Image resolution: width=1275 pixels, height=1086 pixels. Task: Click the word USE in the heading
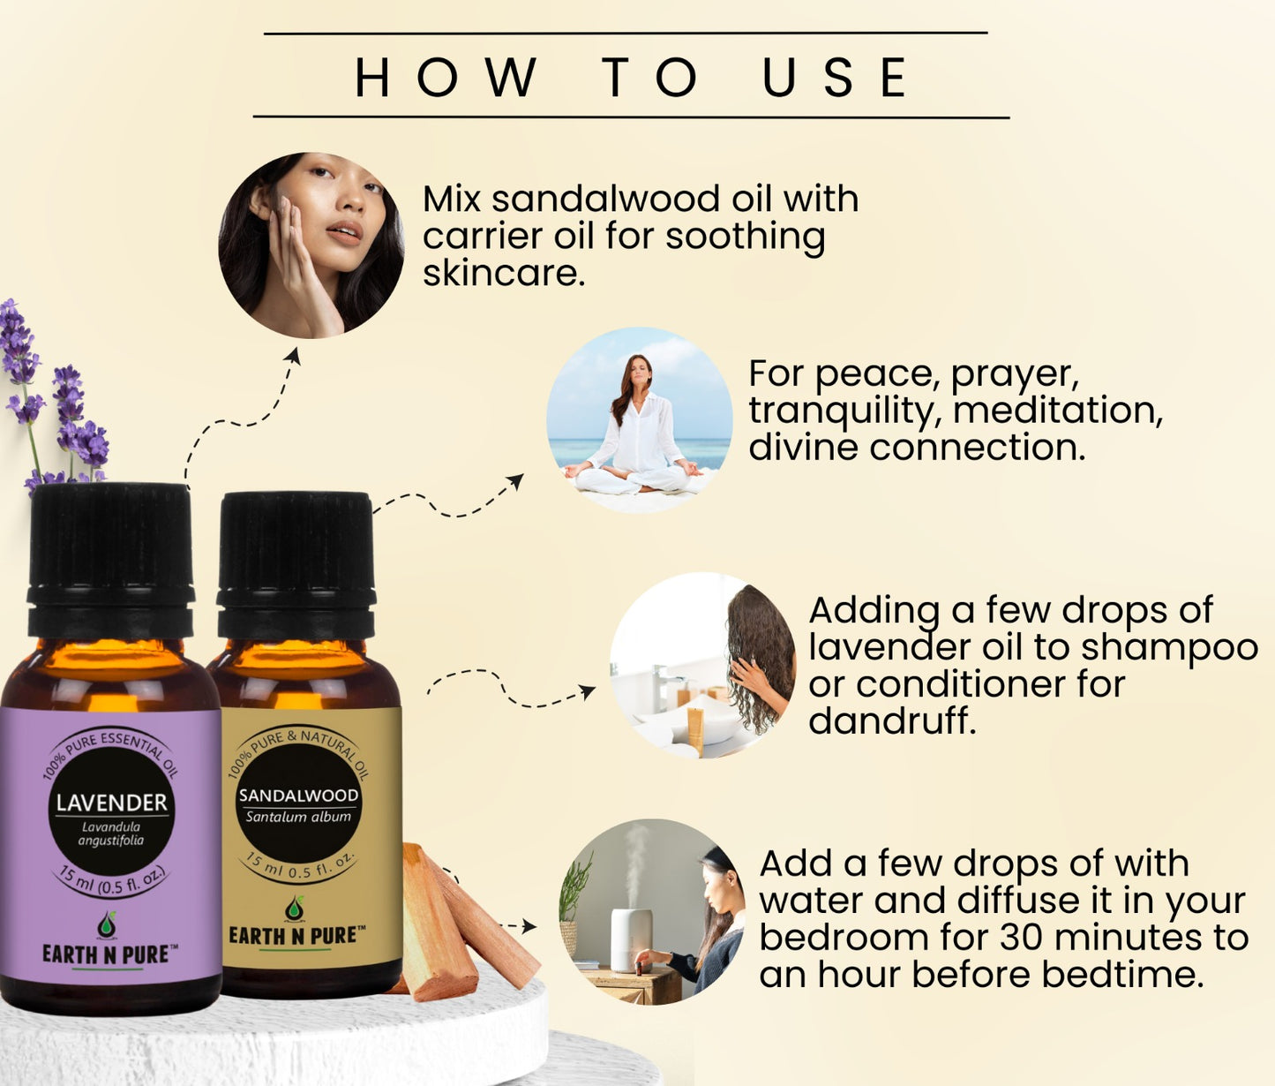[x=835, y=77]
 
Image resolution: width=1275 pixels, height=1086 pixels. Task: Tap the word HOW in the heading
[x=446, y=77]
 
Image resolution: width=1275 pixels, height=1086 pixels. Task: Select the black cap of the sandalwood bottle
[x=296, y=562]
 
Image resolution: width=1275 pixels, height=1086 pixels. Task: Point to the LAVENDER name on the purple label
[x=112, y=803]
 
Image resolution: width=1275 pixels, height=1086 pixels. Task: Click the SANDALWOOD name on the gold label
[x=298, y=796]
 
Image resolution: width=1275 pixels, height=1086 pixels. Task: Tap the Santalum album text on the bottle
[x=298, y=817]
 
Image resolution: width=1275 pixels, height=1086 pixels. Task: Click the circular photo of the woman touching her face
[x=311, y=245]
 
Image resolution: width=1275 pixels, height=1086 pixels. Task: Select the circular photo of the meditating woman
[x=640, y=419]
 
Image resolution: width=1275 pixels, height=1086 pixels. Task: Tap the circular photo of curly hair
[x=702, y=665]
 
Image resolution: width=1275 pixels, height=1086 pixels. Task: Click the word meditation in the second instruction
[x=1048, y=411]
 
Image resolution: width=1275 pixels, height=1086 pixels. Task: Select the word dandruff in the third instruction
[x=893, y=720]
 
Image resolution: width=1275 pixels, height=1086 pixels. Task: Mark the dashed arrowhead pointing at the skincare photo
[x=294, y=356]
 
